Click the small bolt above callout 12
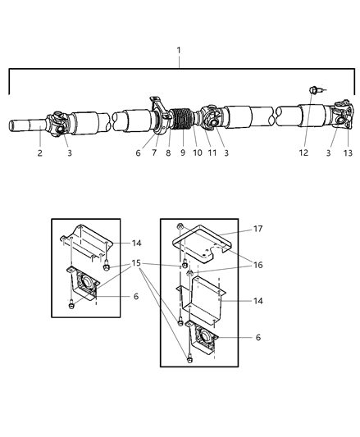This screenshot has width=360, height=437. coord(313,89)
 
